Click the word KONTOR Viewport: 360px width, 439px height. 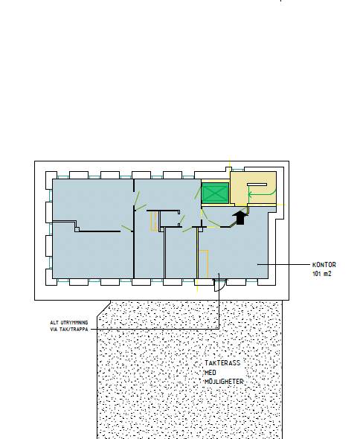(324, 265)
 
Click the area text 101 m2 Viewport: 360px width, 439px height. (321, 274)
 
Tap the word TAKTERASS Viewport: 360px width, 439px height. (222, 363)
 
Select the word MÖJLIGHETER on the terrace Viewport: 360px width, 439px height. (224, 382)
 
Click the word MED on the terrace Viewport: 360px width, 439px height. (210, 372)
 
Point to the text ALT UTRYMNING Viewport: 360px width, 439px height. (69, 322)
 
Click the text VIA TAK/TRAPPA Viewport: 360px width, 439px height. (69, 329)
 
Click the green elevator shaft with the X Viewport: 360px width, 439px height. (215, 193)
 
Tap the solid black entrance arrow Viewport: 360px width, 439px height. (240, 217)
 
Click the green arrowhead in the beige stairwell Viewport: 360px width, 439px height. (250, 193)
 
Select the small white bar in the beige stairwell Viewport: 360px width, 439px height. (257, 185)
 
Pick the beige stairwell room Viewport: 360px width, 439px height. (254, 188)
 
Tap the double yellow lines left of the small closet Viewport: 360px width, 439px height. (154, 221)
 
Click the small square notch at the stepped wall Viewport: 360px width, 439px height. (77, 230)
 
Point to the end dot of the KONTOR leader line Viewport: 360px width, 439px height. (258, 264)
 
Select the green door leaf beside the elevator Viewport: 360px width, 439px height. (198, 191)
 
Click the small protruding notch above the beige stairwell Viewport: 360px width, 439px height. (228, 169)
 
